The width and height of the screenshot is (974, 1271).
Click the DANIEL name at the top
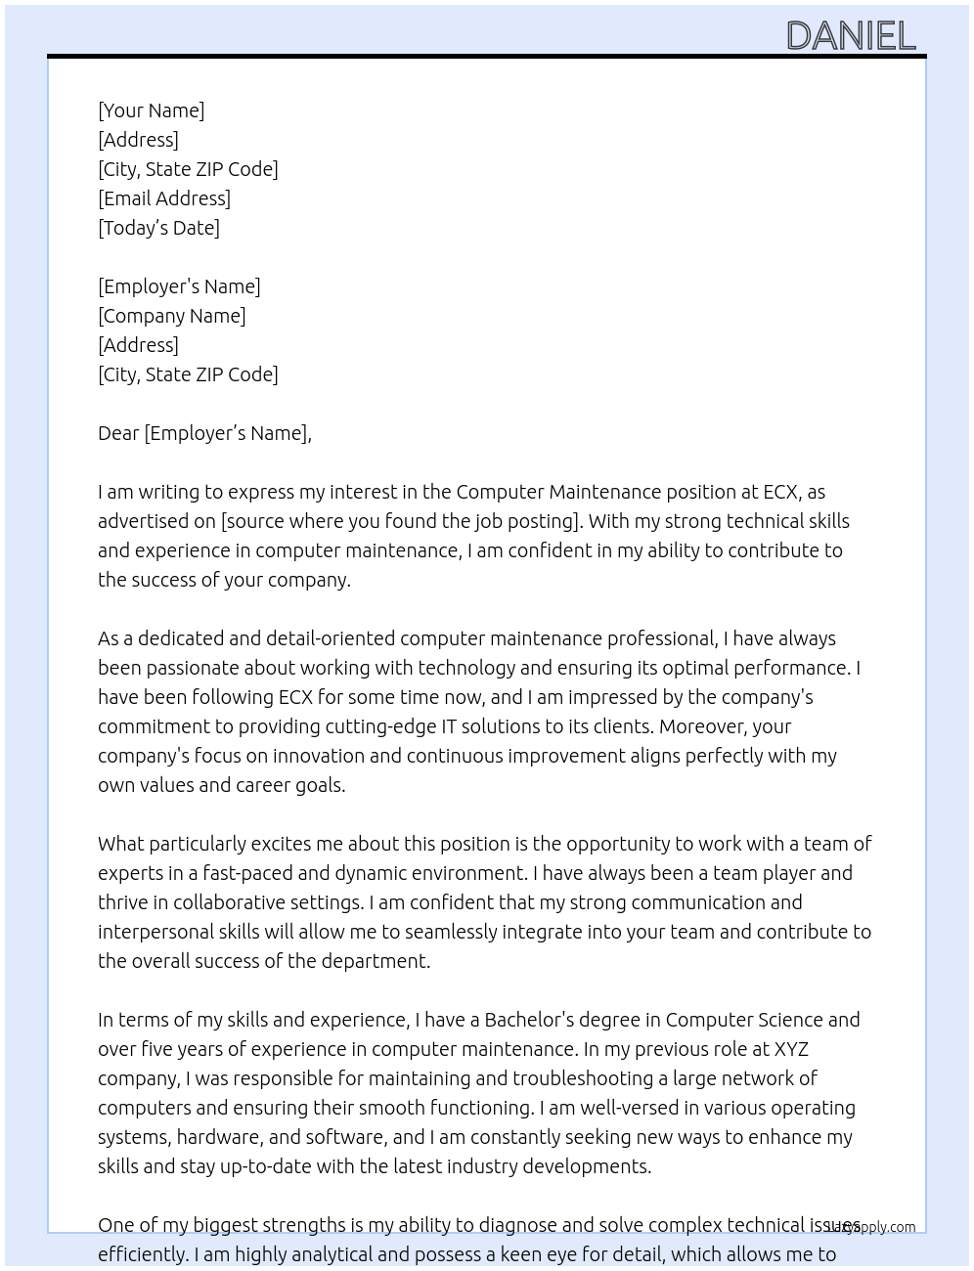(851, 36)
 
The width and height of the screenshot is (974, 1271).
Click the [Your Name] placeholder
(152, 110)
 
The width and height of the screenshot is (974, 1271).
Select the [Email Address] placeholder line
(164, 198)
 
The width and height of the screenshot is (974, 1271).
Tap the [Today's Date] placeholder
(158, 228)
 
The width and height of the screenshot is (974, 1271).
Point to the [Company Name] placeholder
(172, 316)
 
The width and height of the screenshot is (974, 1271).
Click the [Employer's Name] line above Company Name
(179, 286)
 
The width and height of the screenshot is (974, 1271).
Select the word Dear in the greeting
(118, 433)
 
